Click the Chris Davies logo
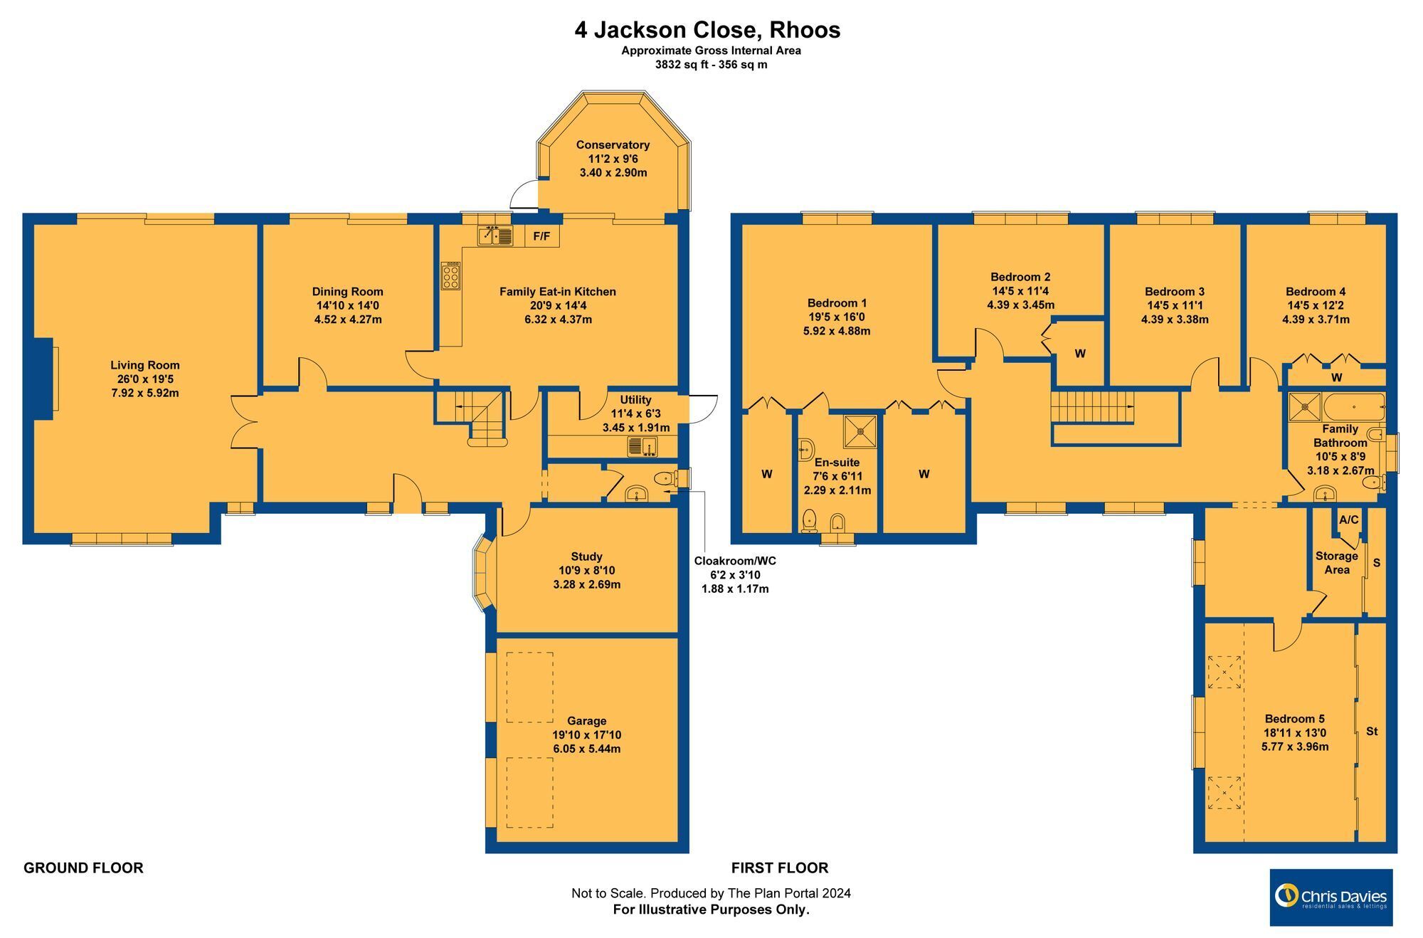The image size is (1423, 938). [x=1331, y=897]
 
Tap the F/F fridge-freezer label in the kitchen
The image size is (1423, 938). [x=541, y=236]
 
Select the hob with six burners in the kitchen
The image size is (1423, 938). [x=450, y=275]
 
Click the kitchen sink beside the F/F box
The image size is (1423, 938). [x=495, y=235]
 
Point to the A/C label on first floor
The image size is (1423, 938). [x=1348, y=520]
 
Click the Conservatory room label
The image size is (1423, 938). [x=613, y=145]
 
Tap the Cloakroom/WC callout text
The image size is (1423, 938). [x=735, y=561]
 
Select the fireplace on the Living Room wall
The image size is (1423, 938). [x=44, y=375]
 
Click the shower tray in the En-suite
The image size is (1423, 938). [x=860, y=431]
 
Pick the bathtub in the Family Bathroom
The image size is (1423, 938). [x=1354, y=406]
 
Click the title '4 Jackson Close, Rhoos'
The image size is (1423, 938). [x=707, y=30]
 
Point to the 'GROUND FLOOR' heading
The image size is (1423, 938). [x=83, y=868]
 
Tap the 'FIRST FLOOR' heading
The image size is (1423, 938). [x=780, y=868]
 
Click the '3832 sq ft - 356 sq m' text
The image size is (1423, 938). [x=711, y=65]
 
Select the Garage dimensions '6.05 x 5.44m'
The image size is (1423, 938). [x=587, y=749]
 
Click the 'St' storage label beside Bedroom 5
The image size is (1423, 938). [x=1372, y=731]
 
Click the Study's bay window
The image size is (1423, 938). [x=482, y=574]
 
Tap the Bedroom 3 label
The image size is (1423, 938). [x=1175, y=292]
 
